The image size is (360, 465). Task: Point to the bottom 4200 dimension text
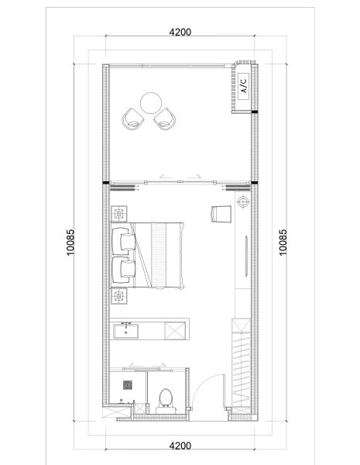coord(180,446)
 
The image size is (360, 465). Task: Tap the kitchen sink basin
coord(125,332)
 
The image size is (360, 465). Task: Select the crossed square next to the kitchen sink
coord(176,332)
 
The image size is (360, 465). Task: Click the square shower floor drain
coord(129,384)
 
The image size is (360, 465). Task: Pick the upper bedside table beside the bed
coord(119,214)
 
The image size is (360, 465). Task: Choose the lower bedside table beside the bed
coord(119,296)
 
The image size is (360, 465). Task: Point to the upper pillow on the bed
coord(125,240)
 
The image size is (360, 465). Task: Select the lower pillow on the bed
coord(125,270)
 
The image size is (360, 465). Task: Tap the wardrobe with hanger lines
coord(242,364)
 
